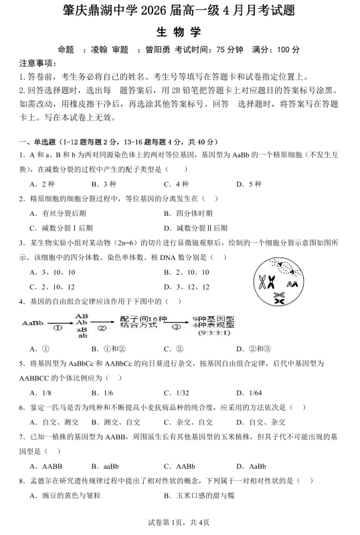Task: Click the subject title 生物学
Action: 179,31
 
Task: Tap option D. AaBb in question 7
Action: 252,466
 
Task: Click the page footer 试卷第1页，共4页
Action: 179,522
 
